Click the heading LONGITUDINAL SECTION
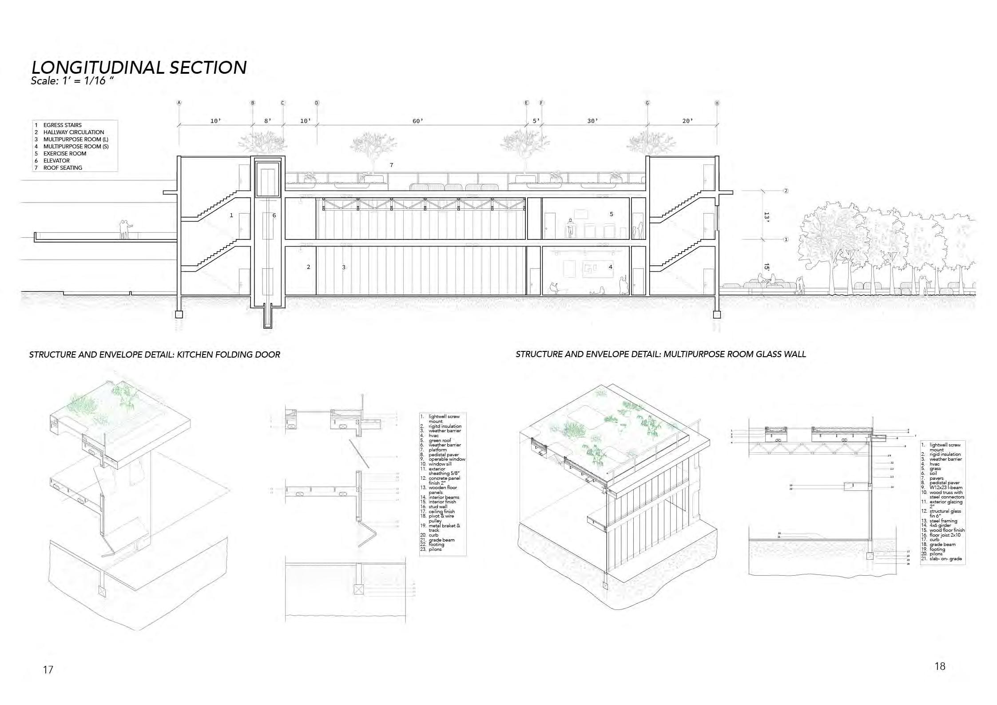pos(139,67)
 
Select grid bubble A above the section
pos(179,103)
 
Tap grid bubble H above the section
pos(717,103)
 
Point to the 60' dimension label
pos(417,121)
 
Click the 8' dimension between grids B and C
pos(267,121)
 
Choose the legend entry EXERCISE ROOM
pos(64,153)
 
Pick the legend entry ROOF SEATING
pos(62,167)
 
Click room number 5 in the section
pos(611,214)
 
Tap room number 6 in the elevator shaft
pos(274,215)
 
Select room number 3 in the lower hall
pos(343,267)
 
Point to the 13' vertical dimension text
pos(767,217)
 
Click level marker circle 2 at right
pos(786,191)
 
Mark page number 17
pos(48,669)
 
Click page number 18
pos(940,666)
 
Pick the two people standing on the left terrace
pos(125,229)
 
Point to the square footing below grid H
pos(716,315)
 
